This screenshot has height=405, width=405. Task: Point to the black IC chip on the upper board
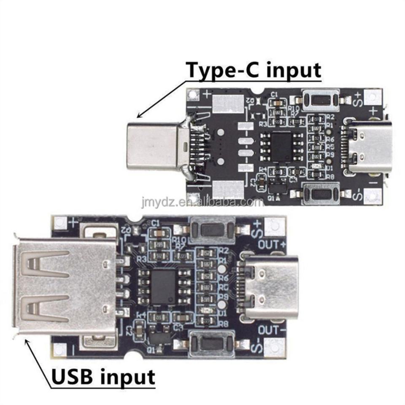(x=281, y=146)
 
